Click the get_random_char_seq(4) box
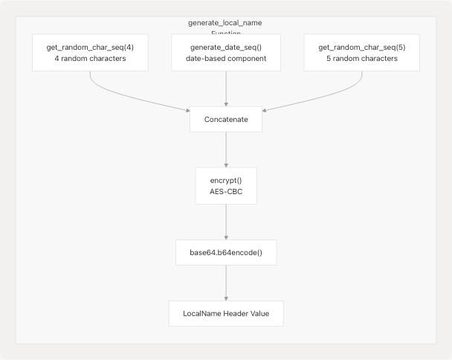point(89,52)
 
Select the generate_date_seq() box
point(225,52)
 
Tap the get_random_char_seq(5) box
point(362,52)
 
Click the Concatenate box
point(225,120)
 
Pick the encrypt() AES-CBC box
point(225,186)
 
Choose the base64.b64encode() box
point(225,252)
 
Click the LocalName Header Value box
point(225,313)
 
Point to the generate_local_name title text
point(225,23)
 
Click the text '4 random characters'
point(89,59)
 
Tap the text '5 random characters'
point(362,59)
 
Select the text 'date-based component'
point(225,59)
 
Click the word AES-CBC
point(225,193)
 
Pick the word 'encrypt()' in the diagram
point(225,179)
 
